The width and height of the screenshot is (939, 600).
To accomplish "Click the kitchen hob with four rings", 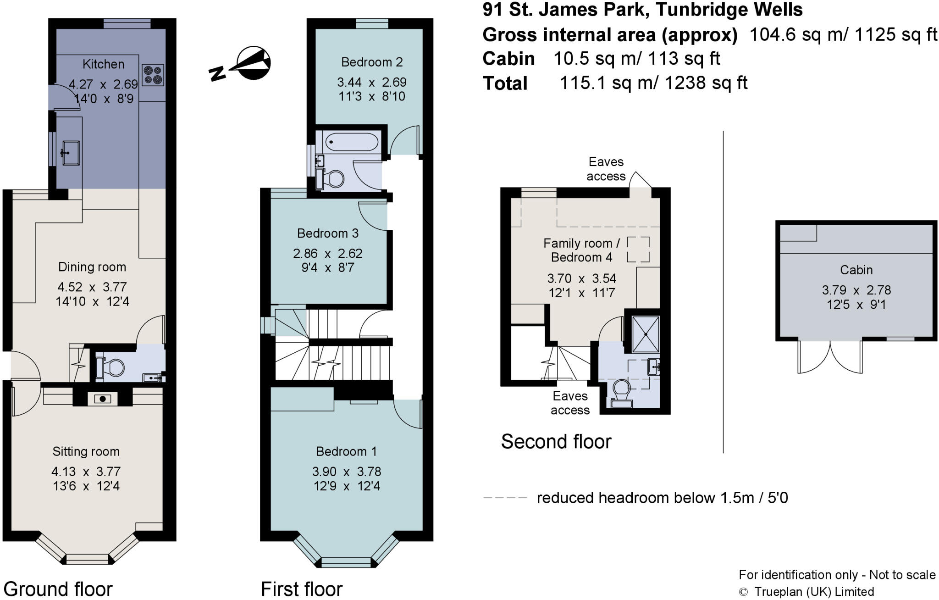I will (153, 76).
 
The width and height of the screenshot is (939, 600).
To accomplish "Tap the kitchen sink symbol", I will (70, 152).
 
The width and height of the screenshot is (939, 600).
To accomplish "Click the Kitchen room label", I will (103, 64).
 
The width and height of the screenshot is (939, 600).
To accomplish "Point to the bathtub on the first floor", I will (352, 142).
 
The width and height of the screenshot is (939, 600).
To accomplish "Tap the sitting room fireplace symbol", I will (103, 398).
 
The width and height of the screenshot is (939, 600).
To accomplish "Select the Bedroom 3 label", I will (327, 233).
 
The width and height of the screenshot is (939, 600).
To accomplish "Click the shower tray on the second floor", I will (646, 334).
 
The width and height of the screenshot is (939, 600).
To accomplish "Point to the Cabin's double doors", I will (830, 357).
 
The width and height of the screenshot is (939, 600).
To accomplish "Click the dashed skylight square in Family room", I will (638, 250).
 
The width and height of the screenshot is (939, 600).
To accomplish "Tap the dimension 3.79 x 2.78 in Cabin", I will (856, 290).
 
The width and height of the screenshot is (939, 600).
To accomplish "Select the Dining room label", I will (92, 267).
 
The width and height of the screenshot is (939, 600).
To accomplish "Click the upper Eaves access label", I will (606, 169).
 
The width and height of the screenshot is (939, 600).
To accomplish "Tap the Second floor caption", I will (556, 442).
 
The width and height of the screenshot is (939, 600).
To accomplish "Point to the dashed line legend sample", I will (505, 498).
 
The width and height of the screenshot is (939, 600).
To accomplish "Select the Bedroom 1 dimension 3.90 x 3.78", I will (346, 472).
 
